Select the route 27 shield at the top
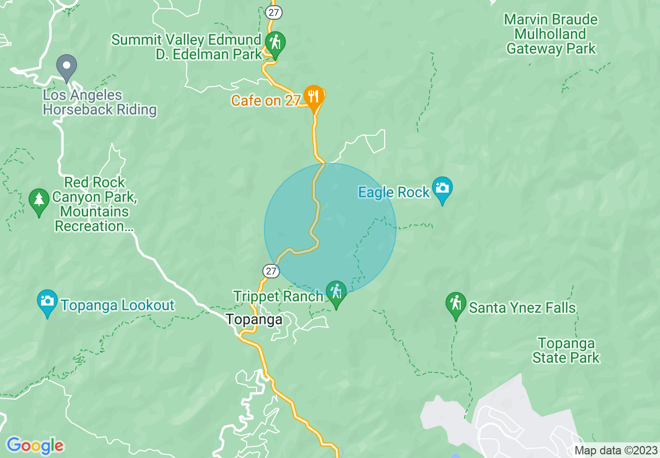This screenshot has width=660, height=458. (274, 12)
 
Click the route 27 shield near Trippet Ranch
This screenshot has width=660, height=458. (271, 271)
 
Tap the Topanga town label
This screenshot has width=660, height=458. (255, 319)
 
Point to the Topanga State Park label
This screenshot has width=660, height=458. (566, 350)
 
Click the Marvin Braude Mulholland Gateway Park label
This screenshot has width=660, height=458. (551, 34)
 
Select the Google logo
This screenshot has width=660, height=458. (35, 446)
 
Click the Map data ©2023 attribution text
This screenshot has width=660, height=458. (614, 451)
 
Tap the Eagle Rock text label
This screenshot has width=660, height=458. (394, 192)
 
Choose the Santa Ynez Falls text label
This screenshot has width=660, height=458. (522, 308)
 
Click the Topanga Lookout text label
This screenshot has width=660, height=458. (117, 305)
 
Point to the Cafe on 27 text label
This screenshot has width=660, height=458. (266, 100)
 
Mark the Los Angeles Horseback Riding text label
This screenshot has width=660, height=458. (99, 103)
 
